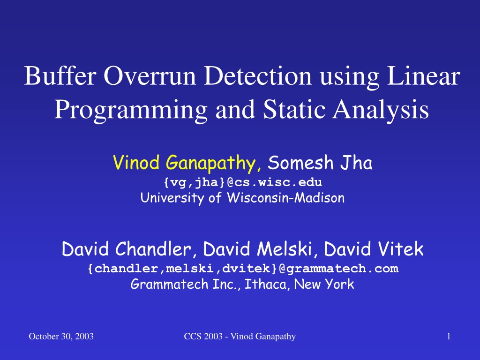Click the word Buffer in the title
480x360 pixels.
tap(60, 75)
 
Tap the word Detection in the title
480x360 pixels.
tap(258, 75)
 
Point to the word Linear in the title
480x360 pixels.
tap(424, 75)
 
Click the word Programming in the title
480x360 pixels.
tap(131, 110)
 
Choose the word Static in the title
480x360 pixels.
tap(294, 109)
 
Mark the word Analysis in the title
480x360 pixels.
tap(381, 110)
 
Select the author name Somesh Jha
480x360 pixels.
tap(320, 162)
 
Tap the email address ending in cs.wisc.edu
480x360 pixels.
tap(243, 182)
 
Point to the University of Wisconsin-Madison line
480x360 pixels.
tap(242, 198)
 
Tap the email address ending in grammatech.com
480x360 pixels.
tap(243, 269)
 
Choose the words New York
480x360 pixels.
tap(324, 284)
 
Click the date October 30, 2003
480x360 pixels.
tap(61, 337)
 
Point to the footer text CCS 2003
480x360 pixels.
tap(203, 337)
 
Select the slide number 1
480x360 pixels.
tap(449, 337)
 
